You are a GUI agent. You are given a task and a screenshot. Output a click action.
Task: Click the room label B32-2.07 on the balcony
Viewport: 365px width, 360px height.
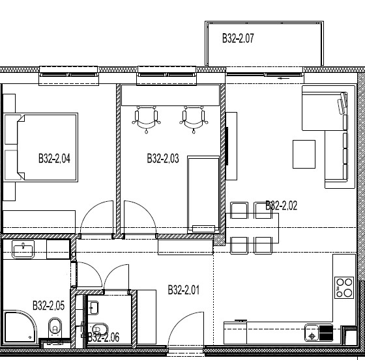(238, 38)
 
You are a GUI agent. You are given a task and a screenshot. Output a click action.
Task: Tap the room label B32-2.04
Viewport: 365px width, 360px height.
(54, 158)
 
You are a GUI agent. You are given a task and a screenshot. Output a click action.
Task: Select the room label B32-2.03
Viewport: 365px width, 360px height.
(163, 158)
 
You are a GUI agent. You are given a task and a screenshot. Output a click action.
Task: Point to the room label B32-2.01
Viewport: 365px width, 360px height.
(184, 290)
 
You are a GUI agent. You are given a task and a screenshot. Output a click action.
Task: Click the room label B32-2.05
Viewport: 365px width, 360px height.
(48, 305)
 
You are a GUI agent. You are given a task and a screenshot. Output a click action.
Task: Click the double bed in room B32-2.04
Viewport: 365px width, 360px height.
(48, 147)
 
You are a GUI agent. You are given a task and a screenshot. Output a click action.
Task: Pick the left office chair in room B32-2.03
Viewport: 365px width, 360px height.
(146, 120)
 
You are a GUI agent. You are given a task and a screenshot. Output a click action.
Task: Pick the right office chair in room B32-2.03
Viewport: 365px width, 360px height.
(194, 120)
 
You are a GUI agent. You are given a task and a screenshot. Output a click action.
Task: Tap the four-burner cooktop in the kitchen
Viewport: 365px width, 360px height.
(344, 288)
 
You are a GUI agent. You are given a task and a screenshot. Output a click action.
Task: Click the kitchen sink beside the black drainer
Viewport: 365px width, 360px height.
(312, 333)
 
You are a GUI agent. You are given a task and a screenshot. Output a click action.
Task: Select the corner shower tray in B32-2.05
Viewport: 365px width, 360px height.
(20, 327)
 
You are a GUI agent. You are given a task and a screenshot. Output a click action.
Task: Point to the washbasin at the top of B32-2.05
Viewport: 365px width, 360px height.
(23, 249)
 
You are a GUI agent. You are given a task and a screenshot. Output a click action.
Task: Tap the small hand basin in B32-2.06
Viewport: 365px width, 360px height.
(93, 307)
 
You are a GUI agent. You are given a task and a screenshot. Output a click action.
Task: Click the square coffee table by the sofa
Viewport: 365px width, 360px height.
(304, 154)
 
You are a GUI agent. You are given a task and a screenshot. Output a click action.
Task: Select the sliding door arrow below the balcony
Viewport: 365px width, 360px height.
(284, 78)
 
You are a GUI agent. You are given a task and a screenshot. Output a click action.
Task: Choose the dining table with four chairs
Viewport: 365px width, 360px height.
(252, 228)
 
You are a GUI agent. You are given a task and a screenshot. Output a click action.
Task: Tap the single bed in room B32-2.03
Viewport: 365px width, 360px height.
(203, 195)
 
